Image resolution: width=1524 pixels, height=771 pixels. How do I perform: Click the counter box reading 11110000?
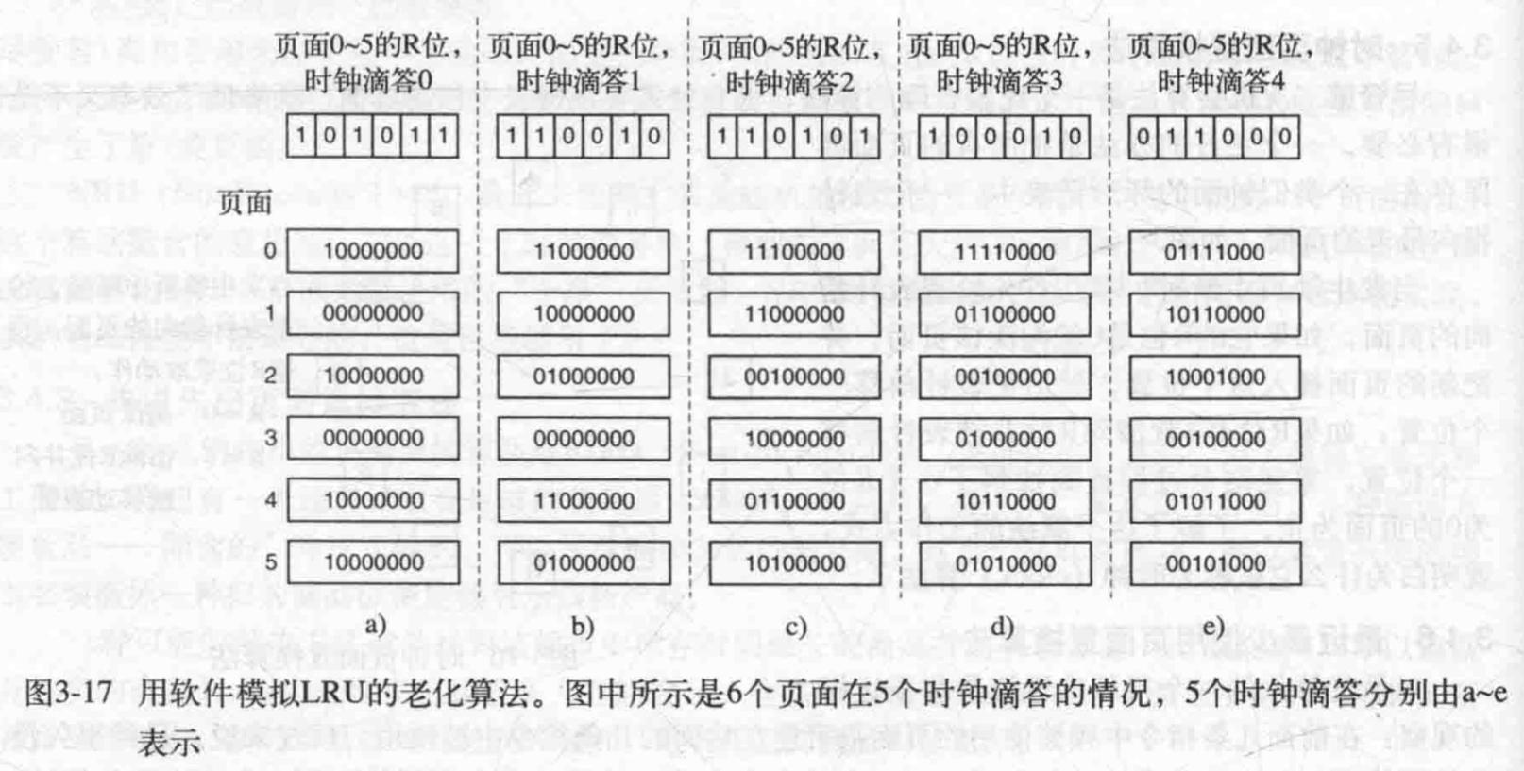[x=1004, y=252]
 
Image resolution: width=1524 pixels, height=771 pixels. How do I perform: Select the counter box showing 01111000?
[x=1214, y=252]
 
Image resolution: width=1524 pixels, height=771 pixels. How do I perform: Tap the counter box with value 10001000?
[x=1214, y=377]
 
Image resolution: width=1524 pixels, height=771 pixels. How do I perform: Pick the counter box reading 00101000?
[x=1214, y=563]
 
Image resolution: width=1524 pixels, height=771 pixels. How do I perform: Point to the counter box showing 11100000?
[x=793, y=252]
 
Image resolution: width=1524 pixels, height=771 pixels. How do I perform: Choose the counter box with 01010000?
[x=1004, y=563]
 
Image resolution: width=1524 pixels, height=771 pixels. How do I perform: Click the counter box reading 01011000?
[x=1214, y=501]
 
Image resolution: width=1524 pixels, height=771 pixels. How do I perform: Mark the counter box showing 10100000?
[x=793, y=563]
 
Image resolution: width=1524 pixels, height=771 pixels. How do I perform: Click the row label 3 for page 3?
[x=270, y=438]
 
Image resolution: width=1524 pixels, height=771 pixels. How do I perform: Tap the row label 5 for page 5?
[x=270, y=562]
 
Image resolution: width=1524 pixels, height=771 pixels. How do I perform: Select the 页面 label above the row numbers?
[x=245, y=203]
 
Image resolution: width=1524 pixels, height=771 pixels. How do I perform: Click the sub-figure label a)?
[x=375, y=624]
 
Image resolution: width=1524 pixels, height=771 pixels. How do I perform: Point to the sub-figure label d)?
[x=1003, y=626]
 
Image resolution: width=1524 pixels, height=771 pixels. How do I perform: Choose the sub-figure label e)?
[x=1213, y=626]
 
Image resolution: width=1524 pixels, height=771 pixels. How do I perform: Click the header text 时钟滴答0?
[x=369, y=81]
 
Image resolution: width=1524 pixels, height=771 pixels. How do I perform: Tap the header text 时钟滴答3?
[x=999, y=81]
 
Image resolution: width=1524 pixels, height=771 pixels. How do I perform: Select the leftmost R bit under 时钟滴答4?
[x=1143, y=137]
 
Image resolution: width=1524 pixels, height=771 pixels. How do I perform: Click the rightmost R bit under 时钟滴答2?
[x=865, y=137]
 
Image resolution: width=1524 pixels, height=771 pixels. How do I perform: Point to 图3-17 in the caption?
[x=67, y=695]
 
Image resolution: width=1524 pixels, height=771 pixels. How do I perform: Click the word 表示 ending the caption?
[x=170, y=742]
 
